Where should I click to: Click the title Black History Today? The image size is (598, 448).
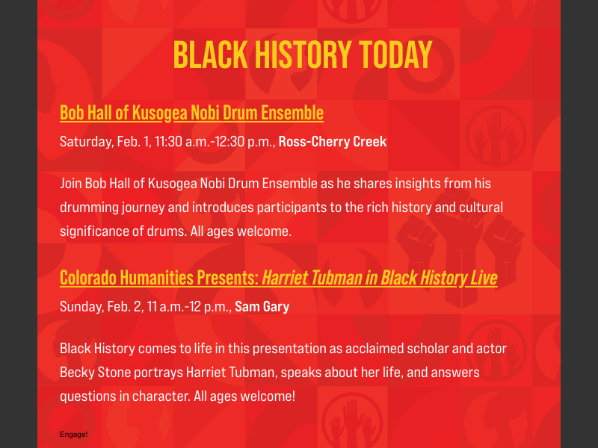(303, 55)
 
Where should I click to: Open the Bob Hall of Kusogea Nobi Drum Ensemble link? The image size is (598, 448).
(191, 113)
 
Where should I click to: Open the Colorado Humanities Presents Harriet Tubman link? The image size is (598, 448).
(278, 278)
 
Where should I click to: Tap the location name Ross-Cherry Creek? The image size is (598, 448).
(333, 141)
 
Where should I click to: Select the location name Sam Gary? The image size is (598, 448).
(262, 307)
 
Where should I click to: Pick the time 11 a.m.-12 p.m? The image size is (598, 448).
(190, 307)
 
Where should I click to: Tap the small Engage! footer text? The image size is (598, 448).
(74, 434)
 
